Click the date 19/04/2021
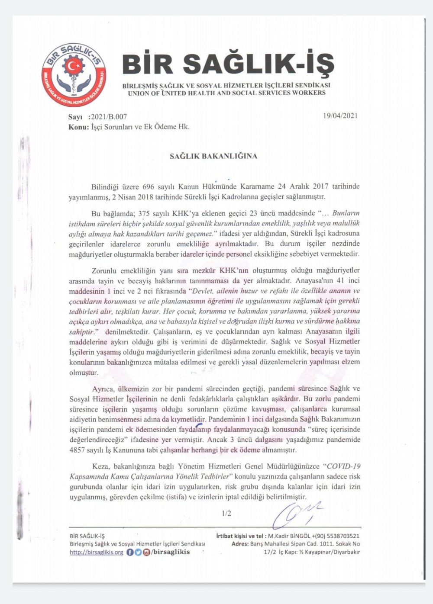click(340, 116)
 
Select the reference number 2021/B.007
click(109, 117)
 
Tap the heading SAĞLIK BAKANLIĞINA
click(213, 156)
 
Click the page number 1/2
click(226, 514)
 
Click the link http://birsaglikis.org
click(96, 552)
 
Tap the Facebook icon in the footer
click(130, 552)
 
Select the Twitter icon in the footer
click(138, 552)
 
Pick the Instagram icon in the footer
click(146, 552)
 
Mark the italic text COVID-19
click(343, 466)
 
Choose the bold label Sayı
click(75, 117)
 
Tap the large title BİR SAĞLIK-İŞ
click(228, 64)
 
